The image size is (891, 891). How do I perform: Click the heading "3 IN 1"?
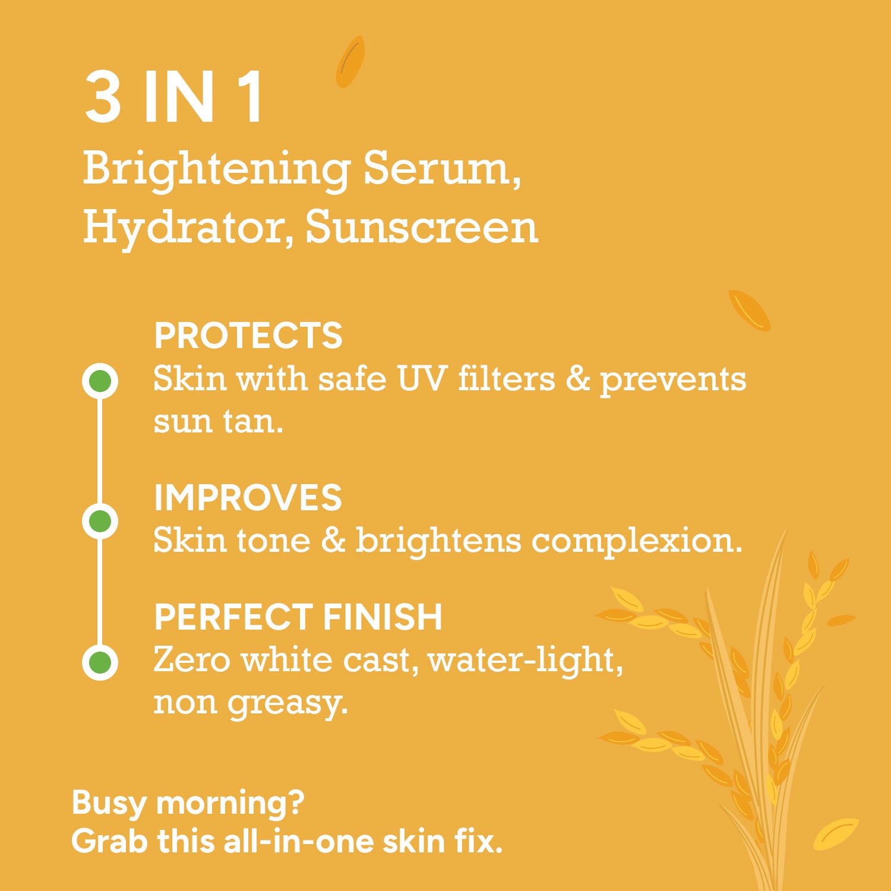173,97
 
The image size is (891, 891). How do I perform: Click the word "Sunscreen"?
422,227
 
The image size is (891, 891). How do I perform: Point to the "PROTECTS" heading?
248,336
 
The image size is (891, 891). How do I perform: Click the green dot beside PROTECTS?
100,381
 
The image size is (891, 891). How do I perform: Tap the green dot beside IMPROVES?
100,521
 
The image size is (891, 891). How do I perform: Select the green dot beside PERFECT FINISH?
100,662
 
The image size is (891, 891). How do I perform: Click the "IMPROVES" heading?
248,497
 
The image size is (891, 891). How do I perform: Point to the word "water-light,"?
525,661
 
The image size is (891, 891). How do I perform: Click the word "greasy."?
287,704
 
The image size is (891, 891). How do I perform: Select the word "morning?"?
230,804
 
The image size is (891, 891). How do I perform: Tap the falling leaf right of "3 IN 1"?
350,62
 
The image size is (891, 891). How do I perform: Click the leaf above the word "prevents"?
750,310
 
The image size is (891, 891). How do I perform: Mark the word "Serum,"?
443,170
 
